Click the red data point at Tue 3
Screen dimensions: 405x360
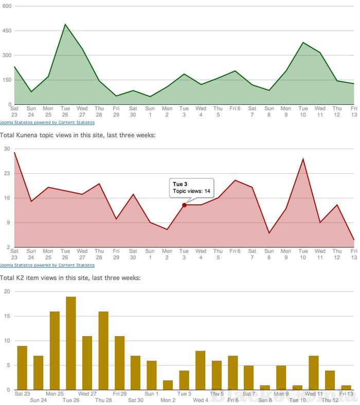click(184, 205)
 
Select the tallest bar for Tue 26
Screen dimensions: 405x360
click(71, 343)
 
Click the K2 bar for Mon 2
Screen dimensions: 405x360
click(168, 385)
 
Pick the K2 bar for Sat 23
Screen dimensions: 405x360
click(22, 367)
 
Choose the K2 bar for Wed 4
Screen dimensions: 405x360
click(201, 370)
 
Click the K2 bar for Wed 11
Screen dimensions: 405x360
click(314, 373)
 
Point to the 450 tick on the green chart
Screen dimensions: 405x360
click(7, 30)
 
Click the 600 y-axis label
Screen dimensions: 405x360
click(7, 6)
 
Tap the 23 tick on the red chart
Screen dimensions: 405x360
click(7, 173)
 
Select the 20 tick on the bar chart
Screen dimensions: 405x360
click(7, 291)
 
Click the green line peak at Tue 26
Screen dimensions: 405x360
click(65, 24)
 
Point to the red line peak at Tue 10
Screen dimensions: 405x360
click(303, 159)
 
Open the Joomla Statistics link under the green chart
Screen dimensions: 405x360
click(47, 123)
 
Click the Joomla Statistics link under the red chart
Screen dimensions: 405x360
click(47, 265)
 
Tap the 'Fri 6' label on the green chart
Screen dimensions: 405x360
click(235, 108)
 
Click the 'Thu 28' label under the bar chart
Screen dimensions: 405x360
click(103, 400)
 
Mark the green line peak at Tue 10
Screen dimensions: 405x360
click(303, 43)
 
